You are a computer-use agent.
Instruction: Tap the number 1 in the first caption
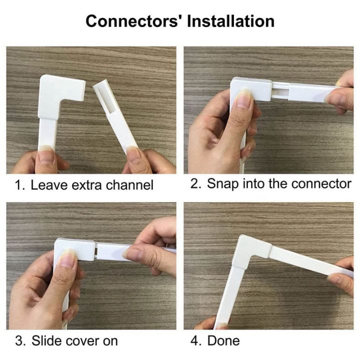point(18,185)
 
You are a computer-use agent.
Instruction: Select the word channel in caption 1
point(129,185)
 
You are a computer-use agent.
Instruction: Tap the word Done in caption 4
point(223,341)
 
